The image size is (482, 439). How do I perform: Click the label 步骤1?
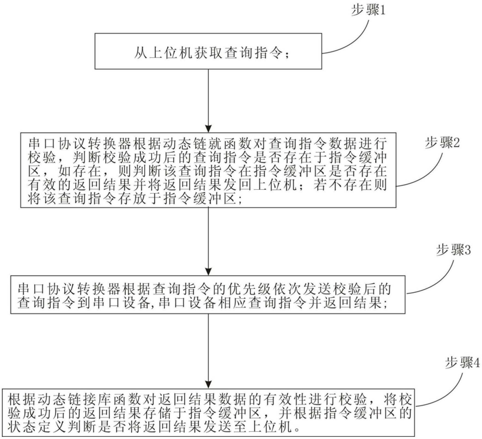(368, 11)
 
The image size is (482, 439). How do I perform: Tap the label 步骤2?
(442, 143)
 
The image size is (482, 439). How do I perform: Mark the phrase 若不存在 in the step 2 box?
(344, 185)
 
